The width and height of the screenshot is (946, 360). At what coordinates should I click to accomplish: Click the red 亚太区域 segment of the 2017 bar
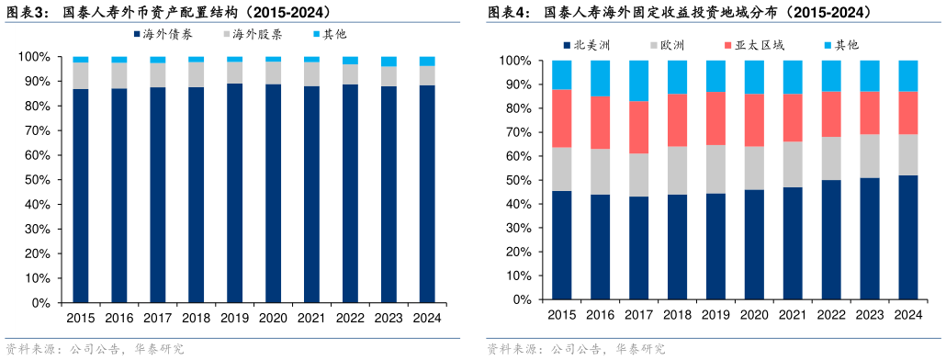[x=637, y=127]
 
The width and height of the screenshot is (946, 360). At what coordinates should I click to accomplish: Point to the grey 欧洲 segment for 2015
[x=561, y=169]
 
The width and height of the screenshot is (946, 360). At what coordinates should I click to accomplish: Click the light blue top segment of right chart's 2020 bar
[x=753, y=77]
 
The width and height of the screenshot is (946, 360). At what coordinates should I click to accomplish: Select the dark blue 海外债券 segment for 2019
[x=235, y=193]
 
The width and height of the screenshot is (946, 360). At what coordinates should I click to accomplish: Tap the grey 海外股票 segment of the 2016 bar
[x=119, y=75]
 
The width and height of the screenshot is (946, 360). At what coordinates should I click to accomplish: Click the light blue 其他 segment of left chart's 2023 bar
[x=389, y=61]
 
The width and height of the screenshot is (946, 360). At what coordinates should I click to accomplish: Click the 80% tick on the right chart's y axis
[x=516, y=108]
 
